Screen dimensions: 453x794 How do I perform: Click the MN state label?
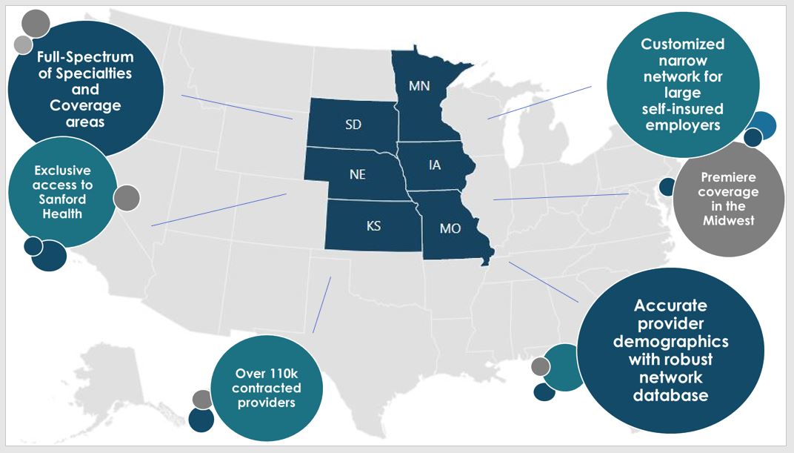click(x=419, y=87)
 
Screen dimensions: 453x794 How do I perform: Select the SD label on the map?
click(x=353, y=125)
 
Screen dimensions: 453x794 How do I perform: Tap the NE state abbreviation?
click(x=358, y=175)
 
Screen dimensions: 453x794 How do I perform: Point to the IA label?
click(x=435, y=165)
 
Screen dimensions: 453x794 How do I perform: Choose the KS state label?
click(x=373, y=226)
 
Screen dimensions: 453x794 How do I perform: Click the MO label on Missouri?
click(x=450, y=228)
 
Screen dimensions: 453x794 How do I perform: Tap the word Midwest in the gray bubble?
click(x=729, y=220)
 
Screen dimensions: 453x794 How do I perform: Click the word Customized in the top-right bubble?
click(x=683, y=44)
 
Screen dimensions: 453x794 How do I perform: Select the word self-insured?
click(x=683, y=109)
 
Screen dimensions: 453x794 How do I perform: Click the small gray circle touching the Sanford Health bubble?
click(x=127, y=198)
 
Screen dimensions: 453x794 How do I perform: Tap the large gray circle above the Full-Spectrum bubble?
click(x=36, y=24)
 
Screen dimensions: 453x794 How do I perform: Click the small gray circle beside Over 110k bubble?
click(x=202, y=400)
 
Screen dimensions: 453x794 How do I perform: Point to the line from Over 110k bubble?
click(x=321, y=305)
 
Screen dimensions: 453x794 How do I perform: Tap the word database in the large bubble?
click(x=670, y=395)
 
